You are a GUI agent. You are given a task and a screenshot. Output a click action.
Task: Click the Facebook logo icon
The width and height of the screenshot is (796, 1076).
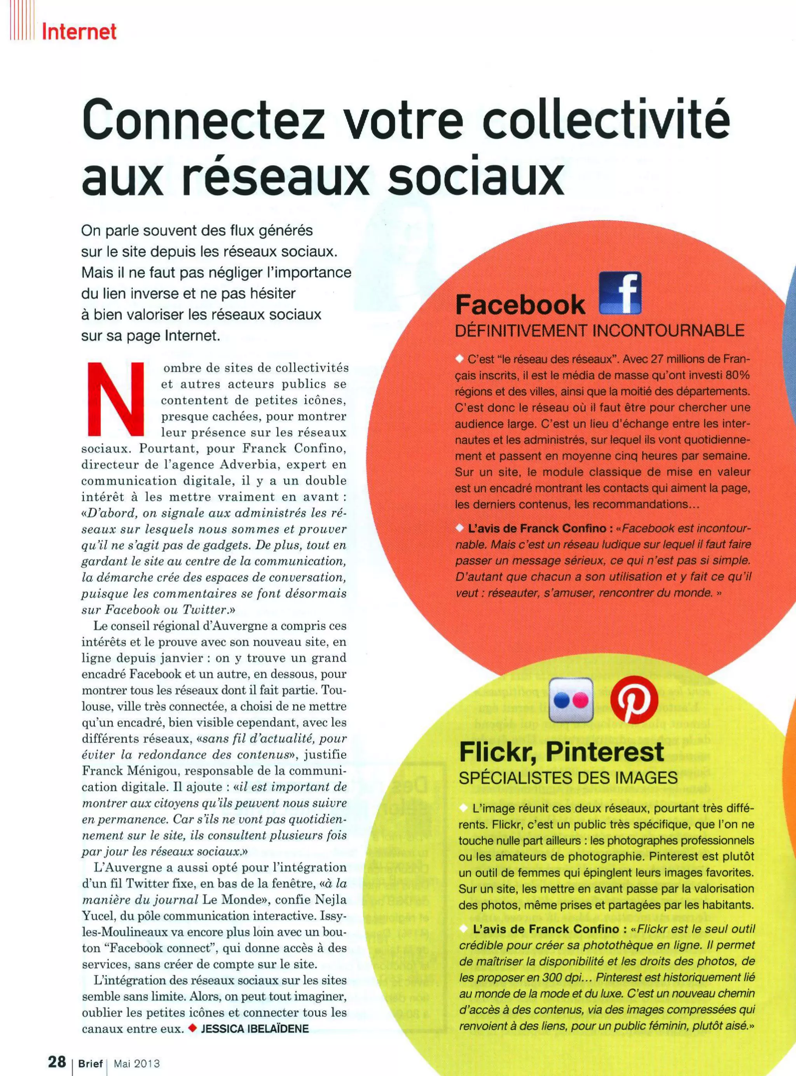pos(620,294)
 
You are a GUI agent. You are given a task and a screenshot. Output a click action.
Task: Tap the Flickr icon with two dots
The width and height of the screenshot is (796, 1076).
pos(571,700)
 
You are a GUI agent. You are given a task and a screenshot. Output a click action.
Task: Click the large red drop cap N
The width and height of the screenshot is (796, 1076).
pos(116,398)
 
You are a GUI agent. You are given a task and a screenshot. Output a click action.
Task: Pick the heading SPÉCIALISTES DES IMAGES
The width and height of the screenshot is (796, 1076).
pos(568,778)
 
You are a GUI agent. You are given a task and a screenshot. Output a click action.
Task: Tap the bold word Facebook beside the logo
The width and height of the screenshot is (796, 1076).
pos(520,304)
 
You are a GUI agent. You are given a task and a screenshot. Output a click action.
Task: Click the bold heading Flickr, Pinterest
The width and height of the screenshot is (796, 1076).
pos(561,752)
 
